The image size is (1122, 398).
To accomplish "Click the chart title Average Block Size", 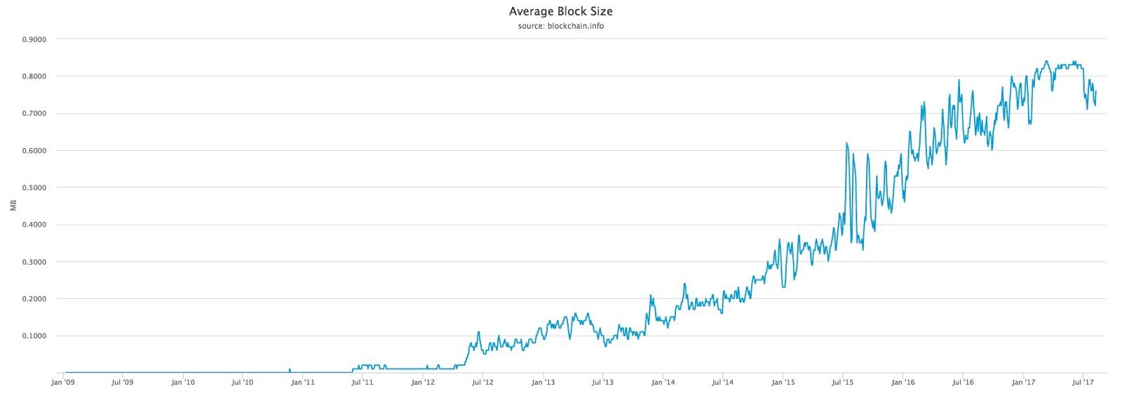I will (x=560, y=11).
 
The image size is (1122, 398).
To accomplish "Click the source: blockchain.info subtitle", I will (x=560, y=26).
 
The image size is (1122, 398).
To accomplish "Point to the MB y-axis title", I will (x=13, y=206).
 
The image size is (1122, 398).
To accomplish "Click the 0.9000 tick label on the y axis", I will (x=34, y=39).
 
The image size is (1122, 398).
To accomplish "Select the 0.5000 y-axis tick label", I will (x=34, y=187).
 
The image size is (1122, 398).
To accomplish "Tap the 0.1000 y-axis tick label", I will (x=34, y=336).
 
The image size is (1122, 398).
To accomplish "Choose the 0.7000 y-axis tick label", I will (x=34, y=113).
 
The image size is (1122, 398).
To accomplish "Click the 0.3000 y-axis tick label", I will (x=34, y=262).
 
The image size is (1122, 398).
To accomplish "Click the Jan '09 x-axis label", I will (x=63, y=383).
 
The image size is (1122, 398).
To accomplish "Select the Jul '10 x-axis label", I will (x=242, y=383).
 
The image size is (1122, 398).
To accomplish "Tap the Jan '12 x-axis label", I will (x=422, y=383).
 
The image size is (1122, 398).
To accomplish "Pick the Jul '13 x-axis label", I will (x=602, y=383).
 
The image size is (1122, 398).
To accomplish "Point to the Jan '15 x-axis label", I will (x=783, y=383).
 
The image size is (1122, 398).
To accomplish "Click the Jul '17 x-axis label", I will (x=1083, y=383).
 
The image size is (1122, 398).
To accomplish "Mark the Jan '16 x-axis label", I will (x=903, y=383).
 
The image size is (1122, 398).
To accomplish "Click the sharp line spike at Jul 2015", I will (x=847, y=143).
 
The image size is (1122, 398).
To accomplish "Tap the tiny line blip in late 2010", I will (x=290, y=369).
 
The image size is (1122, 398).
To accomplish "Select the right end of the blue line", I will (x=1095, y=91).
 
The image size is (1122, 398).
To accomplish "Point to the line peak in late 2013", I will (x=651, y=296).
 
